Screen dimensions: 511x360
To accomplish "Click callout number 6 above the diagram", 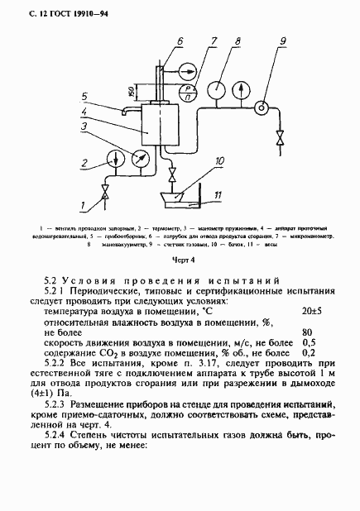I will (x=179, y=40).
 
